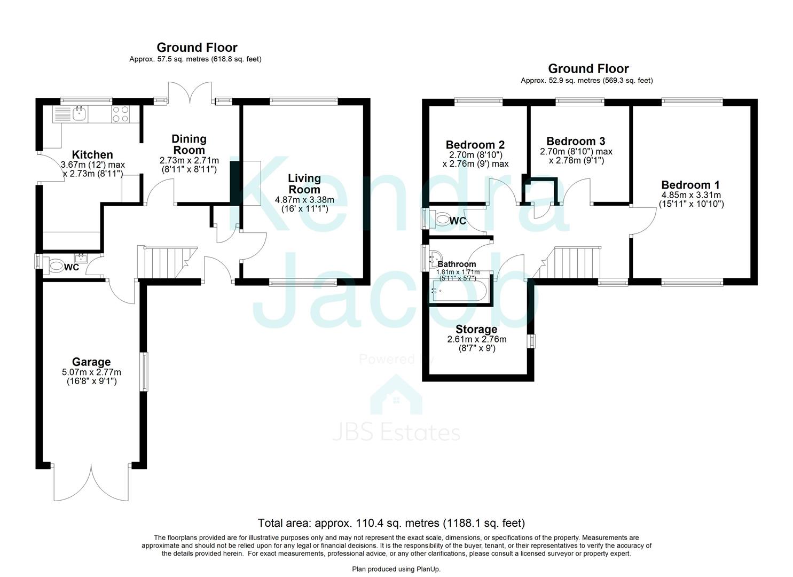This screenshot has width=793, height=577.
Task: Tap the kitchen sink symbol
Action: [x=80, y=113]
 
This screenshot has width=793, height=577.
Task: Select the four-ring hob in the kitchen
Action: [x=120, y=114]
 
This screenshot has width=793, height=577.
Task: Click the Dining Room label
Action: [x=189, y=144]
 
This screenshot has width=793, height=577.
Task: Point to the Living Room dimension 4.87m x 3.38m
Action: [x=304, y=200]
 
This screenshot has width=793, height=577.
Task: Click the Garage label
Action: [x=92, y=362]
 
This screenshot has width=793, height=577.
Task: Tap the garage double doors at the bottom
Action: [x=91, y=482]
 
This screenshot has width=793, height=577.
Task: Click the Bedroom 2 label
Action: [x=475, y=145]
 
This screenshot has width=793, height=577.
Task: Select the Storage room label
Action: [x=476, y=329]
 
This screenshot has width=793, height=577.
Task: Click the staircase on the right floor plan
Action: [x=576, y=262]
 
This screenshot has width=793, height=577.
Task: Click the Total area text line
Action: [x=391, y=523]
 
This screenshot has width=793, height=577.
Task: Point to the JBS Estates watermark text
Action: [x=396, y=432]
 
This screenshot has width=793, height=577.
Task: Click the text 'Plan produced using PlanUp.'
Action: [x=396, y=569]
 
